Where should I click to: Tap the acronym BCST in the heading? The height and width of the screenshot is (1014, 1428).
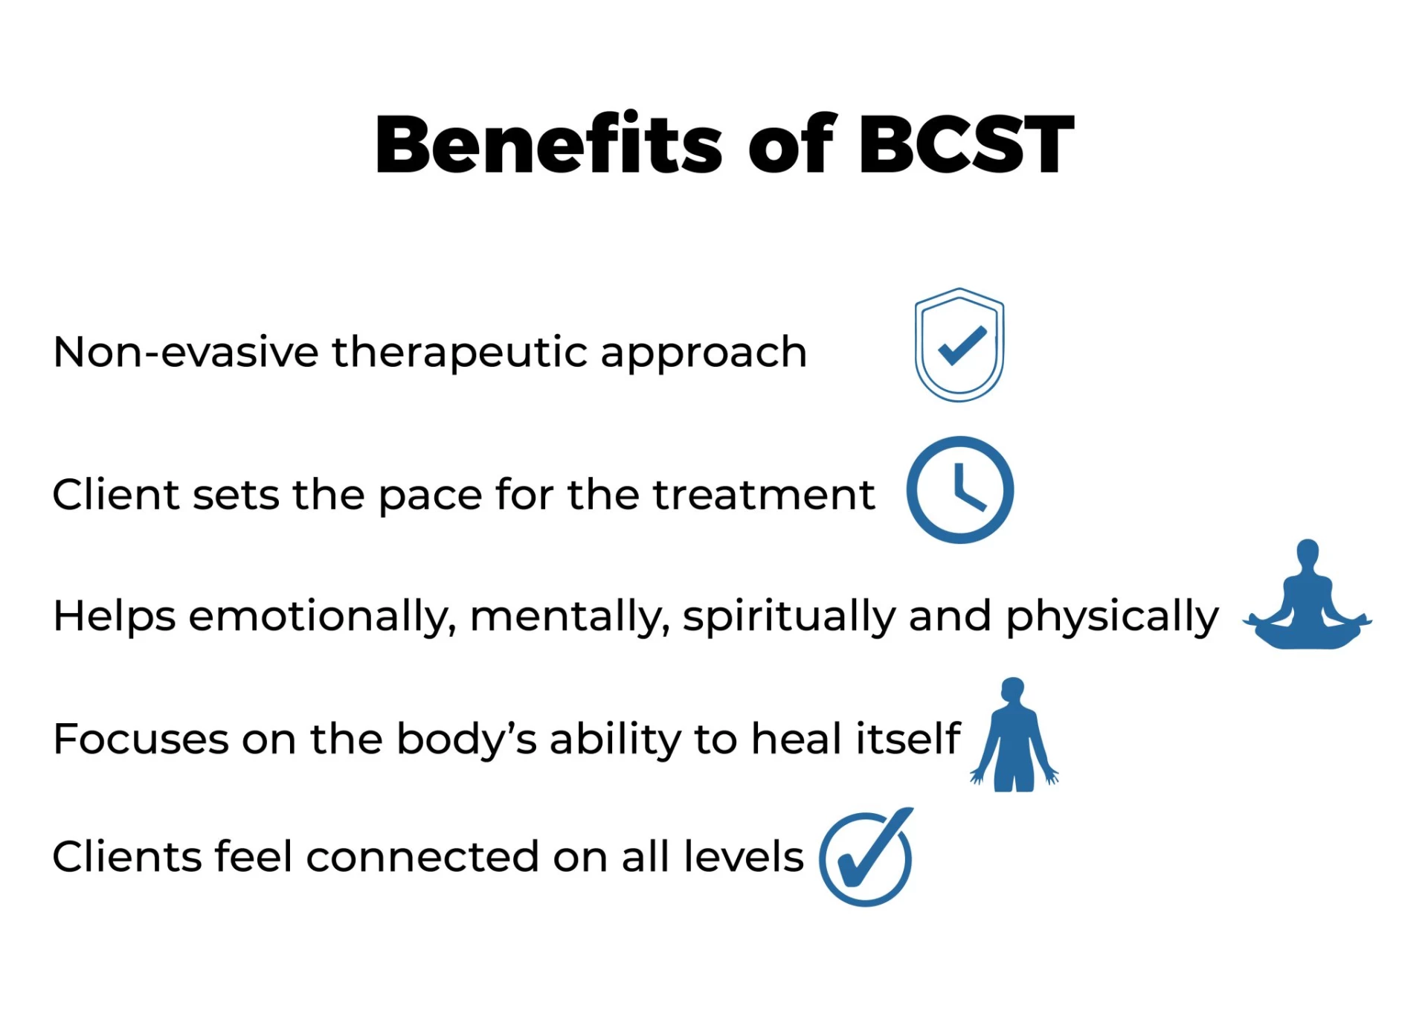966,144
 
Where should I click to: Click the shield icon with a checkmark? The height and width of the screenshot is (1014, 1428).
959,344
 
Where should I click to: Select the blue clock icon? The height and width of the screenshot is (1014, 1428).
959,490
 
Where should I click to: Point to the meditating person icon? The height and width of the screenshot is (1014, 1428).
1308,595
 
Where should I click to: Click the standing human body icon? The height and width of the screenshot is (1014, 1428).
1014,735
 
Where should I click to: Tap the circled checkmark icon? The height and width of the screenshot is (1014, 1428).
866,857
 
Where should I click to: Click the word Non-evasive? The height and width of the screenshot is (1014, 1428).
186,351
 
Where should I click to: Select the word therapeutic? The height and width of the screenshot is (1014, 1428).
460,353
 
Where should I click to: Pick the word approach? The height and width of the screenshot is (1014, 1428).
704,353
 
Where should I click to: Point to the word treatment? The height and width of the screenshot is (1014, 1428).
764,494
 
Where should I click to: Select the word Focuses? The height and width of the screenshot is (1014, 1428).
141,739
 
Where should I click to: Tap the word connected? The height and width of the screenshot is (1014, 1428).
422,856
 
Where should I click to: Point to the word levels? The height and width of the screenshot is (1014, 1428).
744,856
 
